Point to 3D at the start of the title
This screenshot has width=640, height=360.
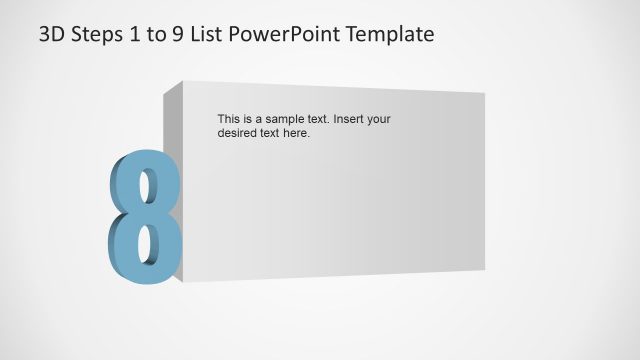coord(51,35)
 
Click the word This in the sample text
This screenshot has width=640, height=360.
coord(228,119)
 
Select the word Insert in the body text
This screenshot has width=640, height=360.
coord(350,119)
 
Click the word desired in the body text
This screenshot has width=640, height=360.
coord(237,132)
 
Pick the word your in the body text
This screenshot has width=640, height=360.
coord(379,119)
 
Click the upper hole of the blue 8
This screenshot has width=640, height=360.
coord(145,188)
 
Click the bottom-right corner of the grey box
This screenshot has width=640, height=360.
coord(485,269)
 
